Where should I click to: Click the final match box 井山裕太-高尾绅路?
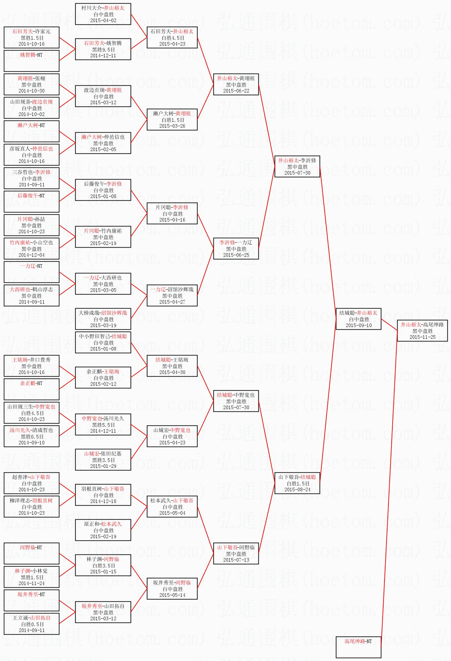point(422,330)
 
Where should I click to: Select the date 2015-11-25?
point(422,337)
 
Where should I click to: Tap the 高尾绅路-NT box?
point(358,647)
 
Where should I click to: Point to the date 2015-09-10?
point(358,325)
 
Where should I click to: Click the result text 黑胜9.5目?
point(103,50)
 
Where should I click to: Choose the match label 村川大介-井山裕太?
point(103,8)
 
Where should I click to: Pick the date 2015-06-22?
point(236,91)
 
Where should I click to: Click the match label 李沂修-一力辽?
point(236,242)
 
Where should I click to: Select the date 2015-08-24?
point(297,490)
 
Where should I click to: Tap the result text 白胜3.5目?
point(103,566)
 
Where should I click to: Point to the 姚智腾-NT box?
point(31,60)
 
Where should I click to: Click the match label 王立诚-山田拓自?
point(32,618)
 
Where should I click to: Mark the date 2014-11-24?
point(32,583)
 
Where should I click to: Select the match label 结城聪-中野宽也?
point(236,395)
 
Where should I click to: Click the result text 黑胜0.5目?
point(32,437)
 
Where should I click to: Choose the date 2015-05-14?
point(172,595)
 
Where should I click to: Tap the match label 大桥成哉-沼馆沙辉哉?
point(103,313)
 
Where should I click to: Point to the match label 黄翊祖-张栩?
point(32,78)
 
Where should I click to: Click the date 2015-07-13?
point(236,560)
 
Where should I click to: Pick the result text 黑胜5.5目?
point(103,425)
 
